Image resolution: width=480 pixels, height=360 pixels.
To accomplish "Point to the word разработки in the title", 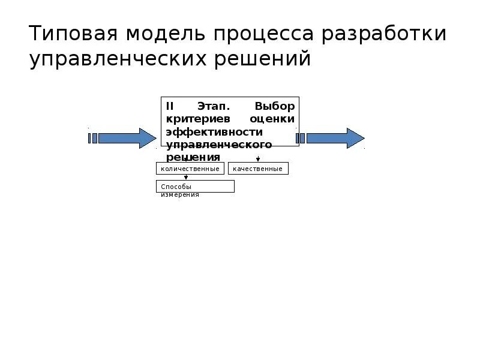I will tap(383, 34).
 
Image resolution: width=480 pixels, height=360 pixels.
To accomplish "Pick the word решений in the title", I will tap(261, 60).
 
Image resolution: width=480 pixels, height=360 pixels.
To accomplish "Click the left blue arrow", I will tap(123, 138).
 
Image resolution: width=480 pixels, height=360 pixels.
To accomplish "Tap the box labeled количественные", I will tap(190, 169).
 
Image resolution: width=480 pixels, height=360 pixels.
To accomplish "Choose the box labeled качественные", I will tap(258, 169).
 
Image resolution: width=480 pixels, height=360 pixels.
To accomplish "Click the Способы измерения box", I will tap(195, 187).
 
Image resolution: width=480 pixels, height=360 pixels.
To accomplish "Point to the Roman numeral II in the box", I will tap(170, 106).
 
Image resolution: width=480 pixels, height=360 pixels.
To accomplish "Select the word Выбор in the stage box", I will tap(274, 106).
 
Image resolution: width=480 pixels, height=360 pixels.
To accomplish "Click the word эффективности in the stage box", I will tap(214, 131).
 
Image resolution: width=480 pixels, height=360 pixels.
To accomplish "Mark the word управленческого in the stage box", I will tap(219, 145).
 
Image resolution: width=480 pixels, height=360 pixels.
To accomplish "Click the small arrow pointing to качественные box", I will tap(258, 158).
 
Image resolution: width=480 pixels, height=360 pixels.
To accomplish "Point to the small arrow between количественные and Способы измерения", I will tap(186, 177).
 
